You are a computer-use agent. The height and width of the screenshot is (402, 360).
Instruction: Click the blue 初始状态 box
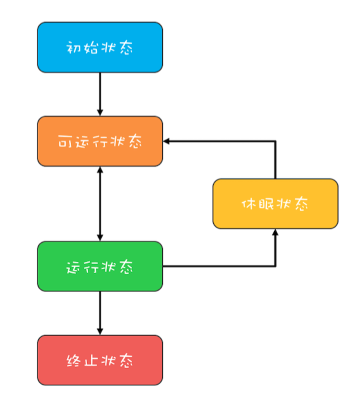coord(100,47)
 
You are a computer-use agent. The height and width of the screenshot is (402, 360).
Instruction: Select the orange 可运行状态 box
coord(100,141)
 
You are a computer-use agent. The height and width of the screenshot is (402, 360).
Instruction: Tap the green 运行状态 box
coord(100,266)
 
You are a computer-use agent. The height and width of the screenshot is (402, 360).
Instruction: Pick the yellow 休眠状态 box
coord(275,204)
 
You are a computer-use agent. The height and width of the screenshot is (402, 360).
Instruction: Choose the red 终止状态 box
coord(100,360)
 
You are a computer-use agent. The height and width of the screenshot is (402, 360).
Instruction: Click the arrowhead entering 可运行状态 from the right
coord(166,141)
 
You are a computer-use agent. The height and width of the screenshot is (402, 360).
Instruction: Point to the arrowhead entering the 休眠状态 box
coord(275,232)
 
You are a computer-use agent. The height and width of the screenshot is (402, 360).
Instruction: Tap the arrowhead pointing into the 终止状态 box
coord(100,332)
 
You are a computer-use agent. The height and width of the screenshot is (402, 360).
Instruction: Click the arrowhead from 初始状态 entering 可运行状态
coord(100,113)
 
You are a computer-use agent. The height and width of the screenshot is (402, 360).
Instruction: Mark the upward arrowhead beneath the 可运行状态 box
coord(100,170)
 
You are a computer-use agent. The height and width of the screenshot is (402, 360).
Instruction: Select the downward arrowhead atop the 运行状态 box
coord(100,238)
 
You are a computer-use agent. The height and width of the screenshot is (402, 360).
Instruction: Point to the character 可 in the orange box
coord(65,141)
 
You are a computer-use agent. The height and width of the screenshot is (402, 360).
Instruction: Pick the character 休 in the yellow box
coord(249,204)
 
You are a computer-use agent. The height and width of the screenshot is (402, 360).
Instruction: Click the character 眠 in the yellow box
coord(266,204)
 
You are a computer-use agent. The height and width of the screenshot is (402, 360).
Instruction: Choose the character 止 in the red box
coord(91,360)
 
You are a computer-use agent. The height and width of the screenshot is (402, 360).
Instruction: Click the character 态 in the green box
coord(127,267)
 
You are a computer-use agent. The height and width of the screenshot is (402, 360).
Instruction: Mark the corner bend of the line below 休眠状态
coord(275,266)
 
